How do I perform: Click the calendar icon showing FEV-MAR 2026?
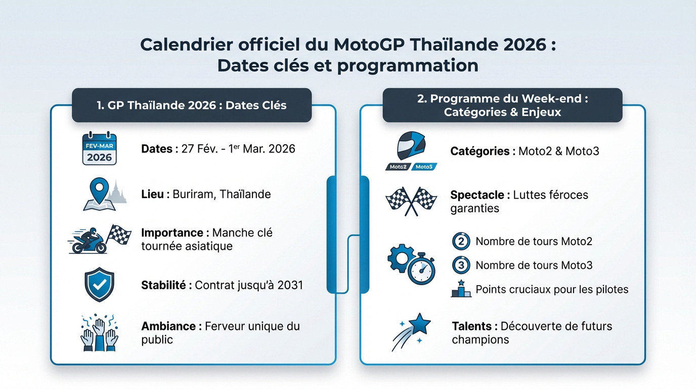(99, 149)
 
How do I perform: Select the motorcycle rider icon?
(89, 241)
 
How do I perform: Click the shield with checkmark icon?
(99, 285)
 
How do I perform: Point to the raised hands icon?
(99, 333)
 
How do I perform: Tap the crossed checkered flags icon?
(411, 201)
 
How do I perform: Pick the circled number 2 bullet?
(461, 241)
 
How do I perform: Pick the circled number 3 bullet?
(461, 265)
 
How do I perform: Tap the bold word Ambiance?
(168, 326)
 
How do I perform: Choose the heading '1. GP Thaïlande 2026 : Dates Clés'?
(192, 105)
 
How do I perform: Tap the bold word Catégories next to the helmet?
(480, 151)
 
